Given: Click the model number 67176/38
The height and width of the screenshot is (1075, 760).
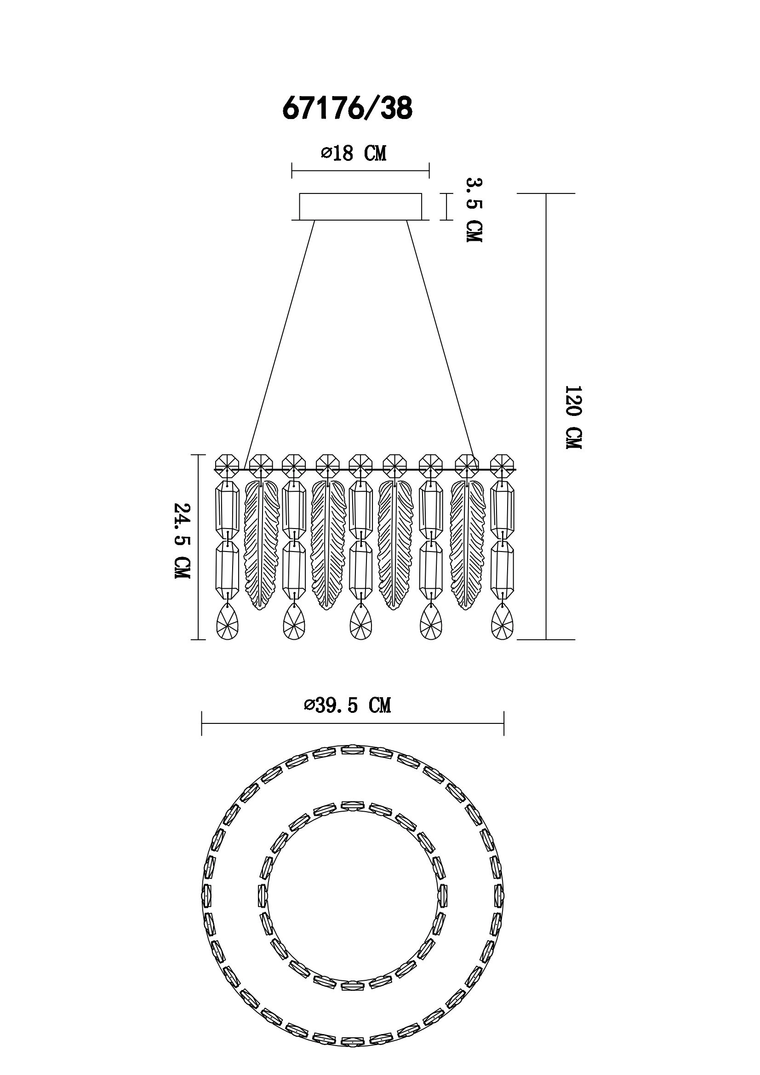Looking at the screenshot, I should [x=347, y=108].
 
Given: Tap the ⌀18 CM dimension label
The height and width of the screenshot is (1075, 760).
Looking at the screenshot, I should [x=354, y=153].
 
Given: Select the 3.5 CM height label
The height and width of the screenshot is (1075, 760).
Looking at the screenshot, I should [x=474, y=210].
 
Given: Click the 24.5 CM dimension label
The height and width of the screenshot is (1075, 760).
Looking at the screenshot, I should [x=182, y=540].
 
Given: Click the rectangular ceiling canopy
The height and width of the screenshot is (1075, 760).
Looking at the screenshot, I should [x=360, y=206].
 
